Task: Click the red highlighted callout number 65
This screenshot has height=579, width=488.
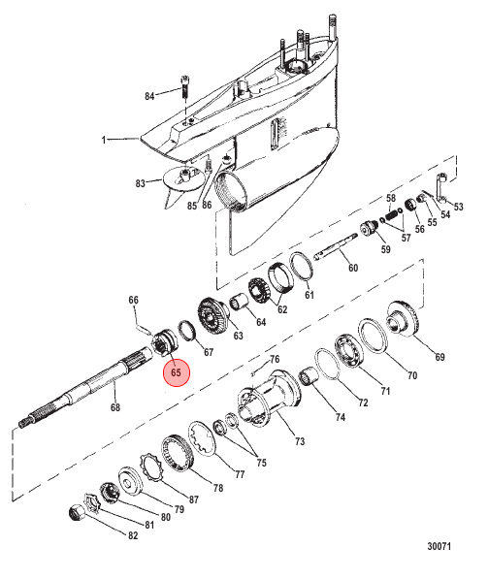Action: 177,372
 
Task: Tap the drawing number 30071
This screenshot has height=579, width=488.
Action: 439,546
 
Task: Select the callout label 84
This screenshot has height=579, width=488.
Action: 149,96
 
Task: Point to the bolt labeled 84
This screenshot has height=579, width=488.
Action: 185,86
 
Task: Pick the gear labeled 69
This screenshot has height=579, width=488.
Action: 403,319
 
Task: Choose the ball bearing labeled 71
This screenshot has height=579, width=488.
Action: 349,350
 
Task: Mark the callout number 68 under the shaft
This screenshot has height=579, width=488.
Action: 115,407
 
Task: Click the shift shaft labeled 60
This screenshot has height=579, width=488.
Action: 336,245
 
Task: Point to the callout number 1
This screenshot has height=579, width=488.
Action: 104,140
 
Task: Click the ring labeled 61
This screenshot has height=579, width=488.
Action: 302,267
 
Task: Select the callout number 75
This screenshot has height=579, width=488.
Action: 262,463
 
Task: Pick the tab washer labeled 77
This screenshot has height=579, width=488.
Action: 202,438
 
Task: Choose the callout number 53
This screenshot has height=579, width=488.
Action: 458,207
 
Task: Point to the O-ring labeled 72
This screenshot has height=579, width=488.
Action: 327,364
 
